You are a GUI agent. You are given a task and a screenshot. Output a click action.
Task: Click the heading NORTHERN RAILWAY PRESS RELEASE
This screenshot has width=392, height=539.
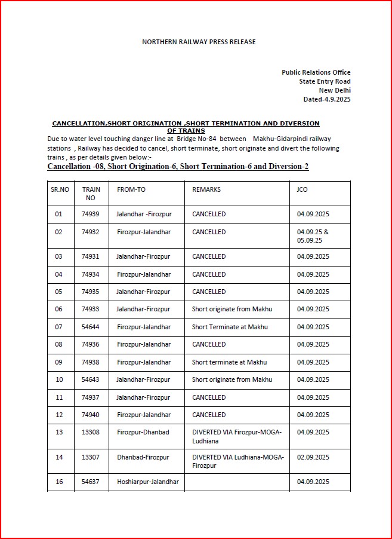pyautogui.click(x=199, y=42)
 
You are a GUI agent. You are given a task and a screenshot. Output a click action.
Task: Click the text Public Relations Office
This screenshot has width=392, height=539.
pyautogui.click(x=316, y=72)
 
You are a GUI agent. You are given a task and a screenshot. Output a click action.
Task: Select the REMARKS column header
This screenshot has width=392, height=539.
pyautogui.click(x=206, y=189)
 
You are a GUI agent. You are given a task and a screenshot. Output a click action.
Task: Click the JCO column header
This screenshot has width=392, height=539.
pyautogui.click(x=302, y=189)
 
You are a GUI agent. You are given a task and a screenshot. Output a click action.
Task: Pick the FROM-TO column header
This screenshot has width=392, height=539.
pyautogui.click(x=131, y=189)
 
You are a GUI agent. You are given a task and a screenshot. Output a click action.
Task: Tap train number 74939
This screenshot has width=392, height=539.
pyautogui.click(x=91, y=214)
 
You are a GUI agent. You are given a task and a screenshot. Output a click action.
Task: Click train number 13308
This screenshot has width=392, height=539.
pyautogui.click(x=91, y=432)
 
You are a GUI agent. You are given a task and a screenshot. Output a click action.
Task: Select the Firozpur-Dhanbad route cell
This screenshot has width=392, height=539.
pyautogui.click(x=143, y=432)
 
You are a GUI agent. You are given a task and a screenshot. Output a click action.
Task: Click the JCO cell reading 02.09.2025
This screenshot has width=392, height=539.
pyautogui.click(x=313, y=457)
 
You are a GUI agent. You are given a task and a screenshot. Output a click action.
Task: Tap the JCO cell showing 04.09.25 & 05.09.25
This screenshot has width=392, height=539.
pyautogui.click(x=313, y=236)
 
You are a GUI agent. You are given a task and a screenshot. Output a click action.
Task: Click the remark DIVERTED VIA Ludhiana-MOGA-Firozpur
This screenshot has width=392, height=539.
pyautogui.click(x=237, y=461)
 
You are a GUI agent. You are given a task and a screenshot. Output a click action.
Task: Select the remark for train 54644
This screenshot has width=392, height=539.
pyautogui.click(x=230, y=327)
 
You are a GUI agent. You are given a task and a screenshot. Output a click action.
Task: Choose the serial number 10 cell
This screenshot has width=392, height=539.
pyautogui.click(x=58, y=379)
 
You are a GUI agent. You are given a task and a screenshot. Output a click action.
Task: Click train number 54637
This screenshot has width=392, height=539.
pyautogui.click(x=91, y=482)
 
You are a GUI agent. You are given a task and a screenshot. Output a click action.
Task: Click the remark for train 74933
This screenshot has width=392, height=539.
pyautogui.click(x=232, y=309)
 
